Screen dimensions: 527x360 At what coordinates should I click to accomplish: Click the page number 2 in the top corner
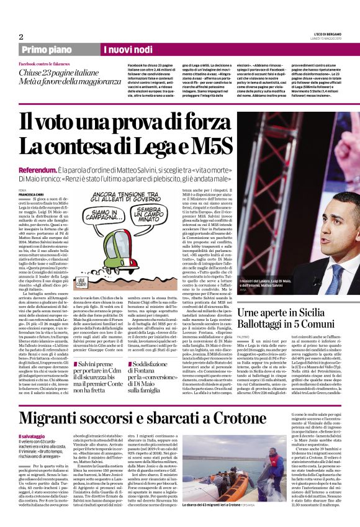pyautogui.click(x=21, y=37)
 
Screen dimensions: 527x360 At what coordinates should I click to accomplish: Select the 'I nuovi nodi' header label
pyautogui.click(x=127, y=49)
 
